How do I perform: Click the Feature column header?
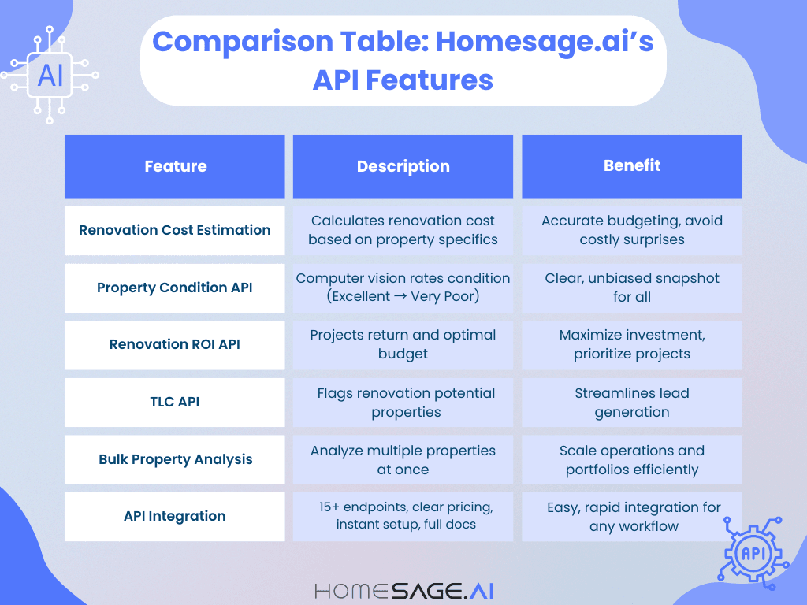coord(175,166)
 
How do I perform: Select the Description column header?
coord(403,166)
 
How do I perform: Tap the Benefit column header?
coord(632,165)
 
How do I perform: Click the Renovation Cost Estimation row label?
coord(175,230)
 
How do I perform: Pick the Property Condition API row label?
coord(175,288)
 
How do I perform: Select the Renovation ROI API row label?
coord(175,344)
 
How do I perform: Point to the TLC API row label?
coord(175,402)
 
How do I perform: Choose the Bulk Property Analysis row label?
coord(175,459)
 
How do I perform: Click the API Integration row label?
coord(175,516)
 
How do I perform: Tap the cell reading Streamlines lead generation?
coord(632,402)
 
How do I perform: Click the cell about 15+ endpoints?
coord(403,515)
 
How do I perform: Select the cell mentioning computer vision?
coord(403,288)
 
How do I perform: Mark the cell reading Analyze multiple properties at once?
coord(403,459)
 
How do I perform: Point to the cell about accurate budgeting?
coord(632,230)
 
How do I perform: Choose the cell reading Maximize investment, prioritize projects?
coord(632,344)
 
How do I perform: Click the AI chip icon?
coord(50,76)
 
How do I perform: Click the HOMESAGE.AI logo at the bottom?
coord(403,590)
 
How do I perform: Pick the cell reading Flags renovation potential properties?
coord(403,402)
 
